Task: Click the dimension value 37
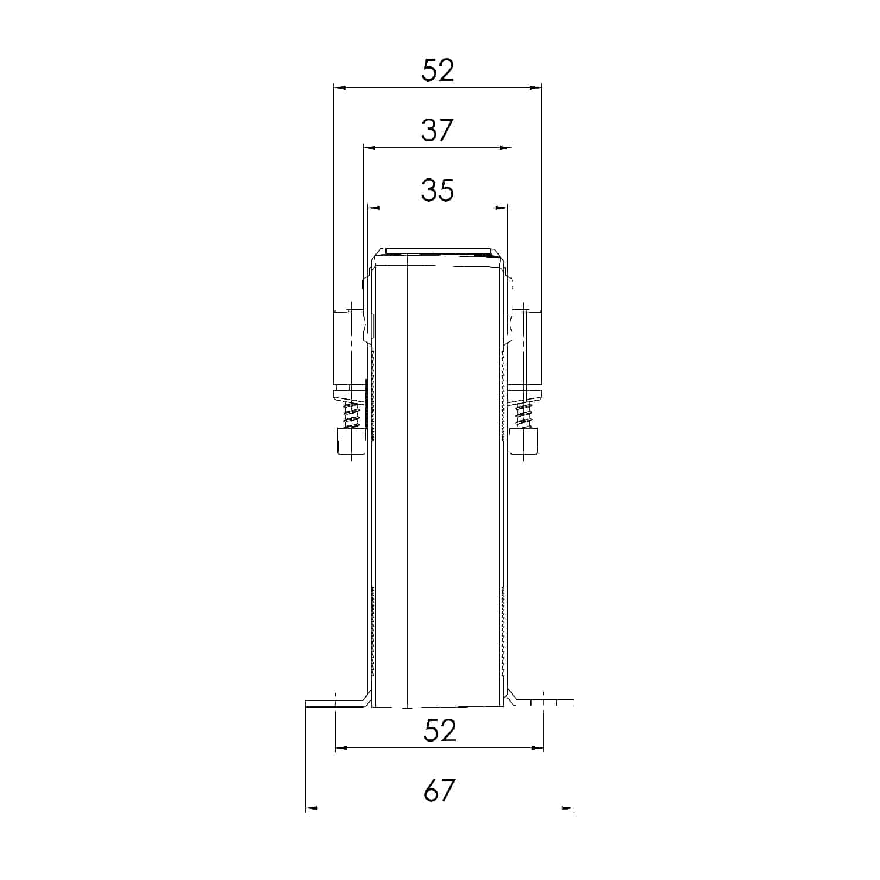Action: click(x=438, y=130)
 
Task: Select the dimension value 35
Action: click(x=438, y=190)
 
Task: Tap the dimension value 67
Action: click(x=439, y=791)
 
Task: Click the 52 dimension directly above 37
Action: click(x=438, y=71)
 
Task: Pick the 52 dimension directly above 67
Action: click(x=439, y=731)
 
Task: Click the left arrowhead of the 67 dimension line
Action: click(x=312, y=808)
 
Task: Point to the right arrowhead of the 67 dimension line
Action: click(x=568, y=808)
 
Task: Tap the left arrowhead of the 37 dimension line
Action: click(x=369, y=148)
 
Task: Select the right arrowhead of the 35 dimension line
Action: click(x=502, y=208)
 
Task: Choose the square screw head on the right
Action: click(x=524, y=441)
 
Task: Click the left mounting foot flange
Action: click(x=334, y=703)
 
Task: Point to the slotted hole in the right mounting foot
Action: click(x=544, y=703)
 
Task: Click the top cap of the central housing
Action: click(x=438, y=253)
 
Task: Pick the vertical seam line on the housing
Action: click(x=407, y=481)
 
